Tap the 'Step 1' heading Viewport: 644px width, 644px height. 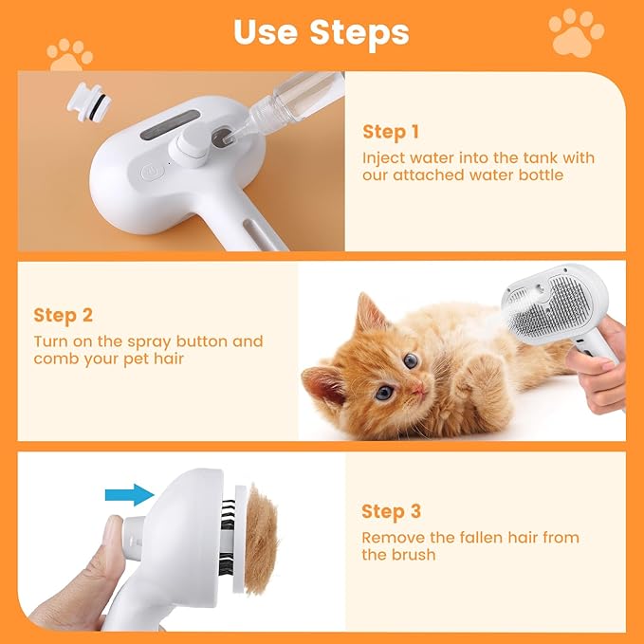coord(390,132)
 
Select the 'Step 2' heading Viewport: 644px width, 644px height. coord(63,315)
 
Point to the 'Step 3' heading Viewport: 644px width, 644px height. coord(391,512)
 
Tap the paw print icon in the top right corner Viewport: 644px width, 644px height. coord(576,32)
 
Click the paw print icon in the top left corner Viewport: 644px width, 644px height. coord(70,53)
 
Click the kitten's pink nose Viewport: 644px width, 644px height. coord(418,390)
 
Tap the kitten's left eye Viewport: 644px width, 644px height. coord(411,361)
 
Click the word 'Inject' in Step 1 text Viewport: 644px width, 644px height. coord(382,157)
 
